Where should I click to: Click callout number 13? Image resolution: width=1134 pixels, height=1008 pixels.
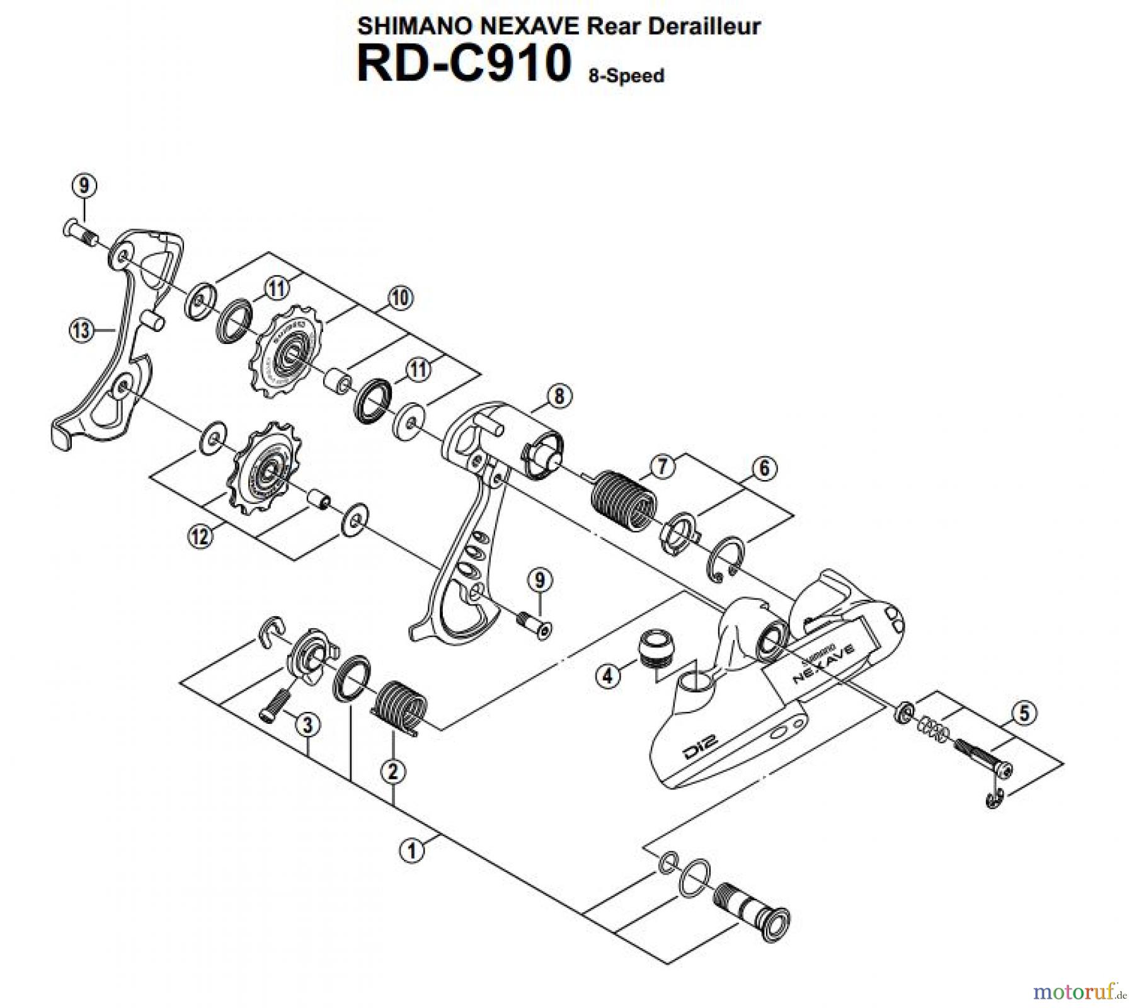pos(81,330)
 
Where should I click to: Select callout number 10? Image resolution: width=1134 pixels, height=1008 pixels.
pos(400,297)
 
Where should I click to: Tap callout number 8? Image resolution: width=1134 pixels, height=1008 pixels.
pos(559,396)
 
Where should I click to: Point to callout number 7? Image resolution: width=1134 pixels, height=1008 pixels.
pos(663,467)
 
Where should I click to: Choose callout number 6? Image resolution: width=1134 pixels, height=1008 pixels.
pos(764,468)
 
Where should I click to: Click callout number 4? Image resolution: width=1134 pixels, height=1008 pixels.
pos(607,676)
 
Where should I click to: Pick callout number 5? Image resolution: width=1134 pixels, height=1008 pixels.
pos(1024,713)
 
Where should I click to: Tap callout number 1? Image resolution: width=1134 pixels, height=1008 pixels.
pos(411,851)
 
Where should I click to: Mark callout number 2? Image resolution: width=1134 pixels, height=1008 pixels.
pos(392,771)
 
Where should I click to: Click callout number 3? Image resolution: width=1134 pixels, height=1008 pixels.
pos(307,724)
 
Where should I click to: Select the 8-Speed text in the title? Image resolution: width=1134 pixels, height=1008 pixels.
pos(626,76)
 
